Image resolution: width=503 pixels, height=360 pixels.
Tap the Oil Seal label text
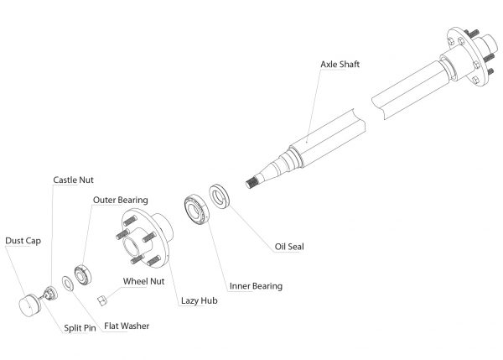(x=288, y=247)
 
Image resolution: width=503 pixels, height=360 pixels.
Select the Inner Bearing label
(x=255, y=286)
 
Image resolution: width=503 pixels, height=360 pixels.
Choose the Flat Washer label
(x=127, y=325)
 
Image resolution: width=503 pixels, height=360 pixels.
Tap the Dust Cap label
(x=23, y=240)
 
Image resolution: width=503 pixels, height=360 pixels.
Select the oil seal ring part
(x=219, y=198)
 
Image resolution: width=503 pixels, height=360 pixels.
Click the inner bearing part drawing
(x=196, y=209)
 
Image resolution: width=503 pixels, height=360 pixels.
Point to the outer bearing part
(x=81, y=273)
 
